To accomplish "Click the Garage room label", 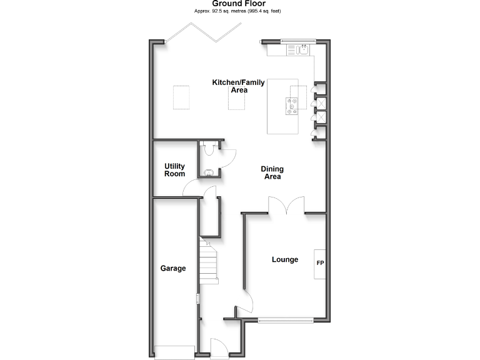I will pos(173,269).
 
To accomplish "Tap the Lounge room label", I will pos(284,259).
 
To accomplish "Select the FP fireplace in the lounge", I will pos(320,262).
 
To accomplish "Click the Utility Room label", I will pos(174,170).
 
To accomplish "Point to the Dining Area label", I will pos(272,172).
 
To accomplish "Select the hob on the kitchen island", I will pos(292,107).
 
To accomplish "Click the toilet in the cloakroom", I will pos(209,147).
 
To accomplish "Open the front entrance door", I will pos(219,347).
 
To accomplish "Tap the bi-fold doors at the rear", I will pos(203,34).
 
